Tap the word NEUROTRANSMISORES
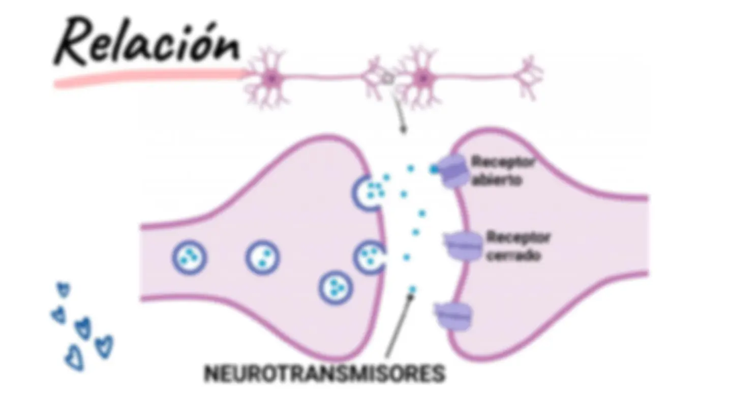point(324,373)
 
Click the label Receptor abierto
point(503,171)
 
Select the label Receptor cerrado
point(518,246)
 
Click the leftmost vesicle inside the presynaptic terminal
point(190,257)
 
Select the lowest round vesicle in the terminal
point(335,288)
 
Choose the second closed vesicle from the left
point(262,257)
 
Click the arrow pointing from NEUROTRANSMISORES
point(400,325)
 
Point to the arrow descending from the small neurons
point(400,113)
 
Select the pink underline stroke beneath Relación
point(150,78)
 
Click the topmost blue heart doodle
point(64,290)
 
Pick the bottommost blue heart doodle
point(75,359)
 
